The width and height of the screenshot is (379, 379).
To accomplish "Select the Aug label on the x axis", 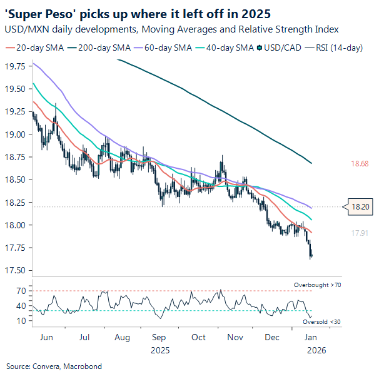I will tap(122, 337).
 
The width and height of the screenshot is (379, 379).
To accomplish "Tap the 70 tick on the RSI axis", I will tap(21, 291).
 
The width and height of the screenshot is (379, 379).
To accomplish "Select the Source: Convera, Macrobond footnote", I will tap(54, 366).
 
